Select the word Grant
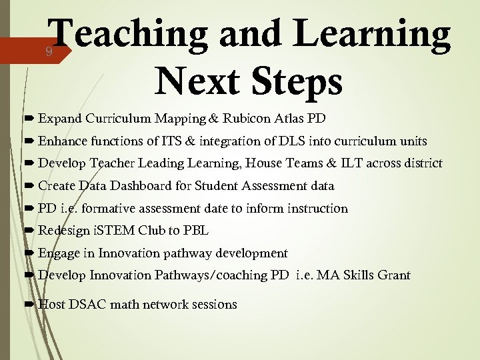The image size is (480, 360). pos(393,275)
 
